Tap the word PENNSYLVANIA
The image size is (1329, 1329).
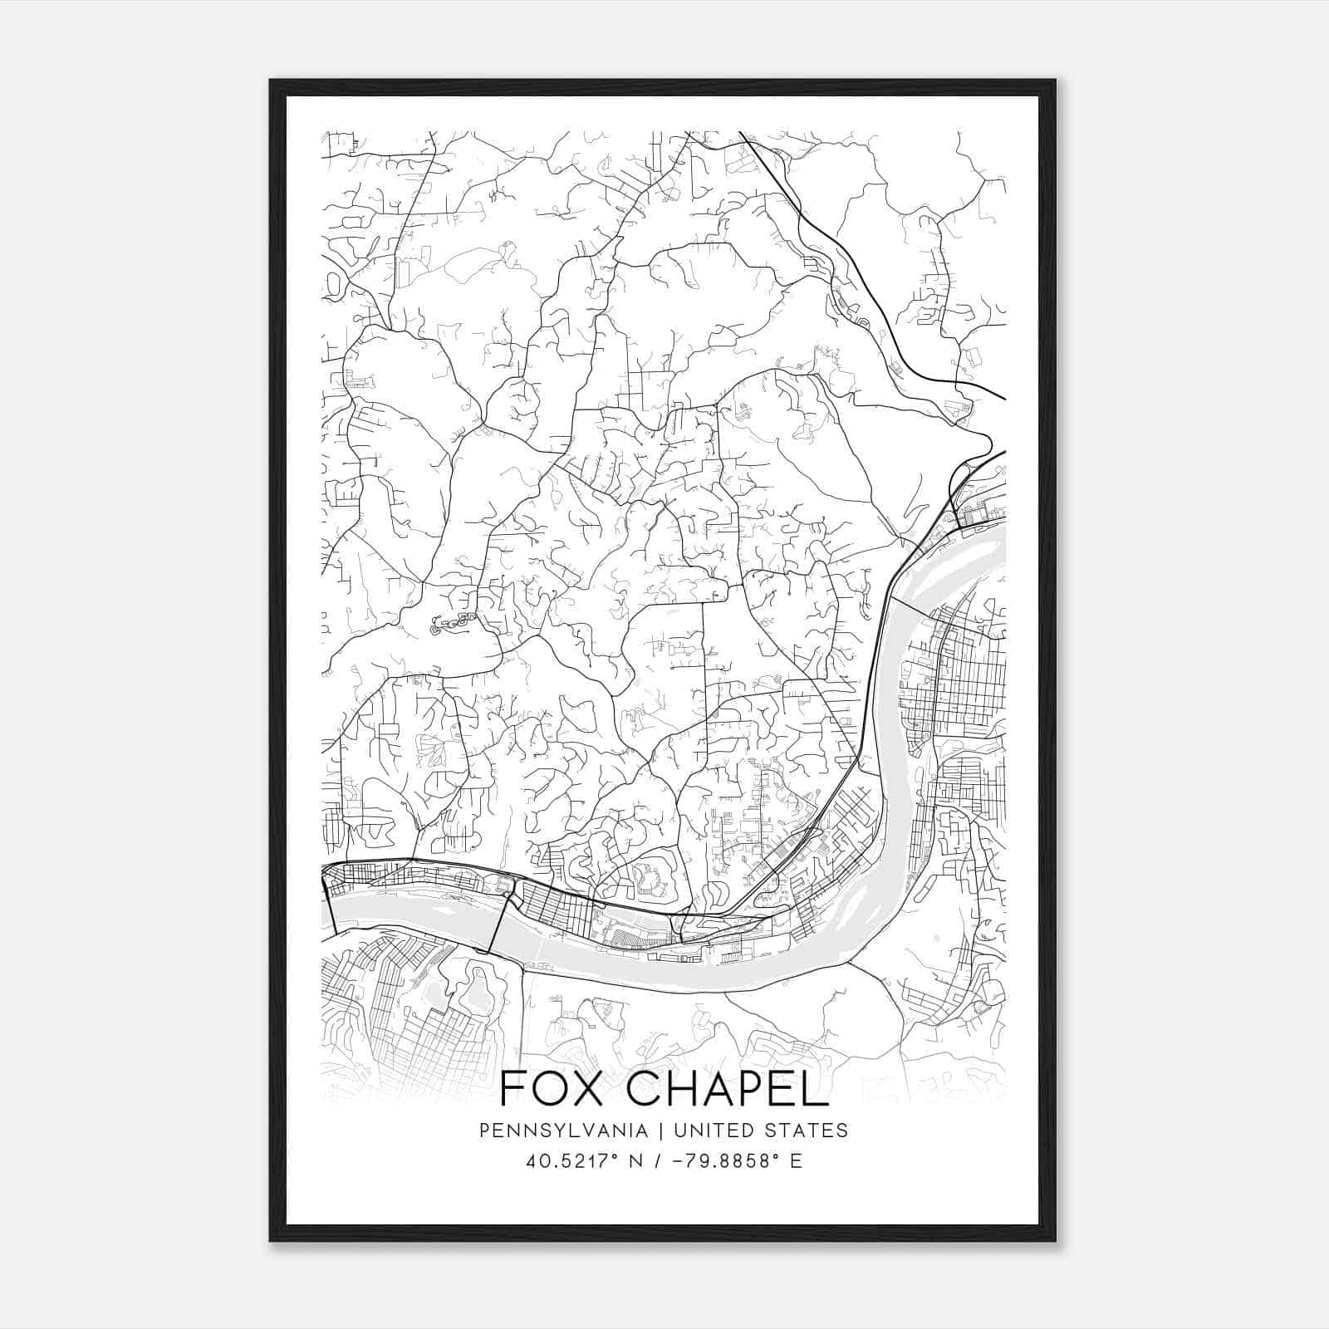click(563, 1130)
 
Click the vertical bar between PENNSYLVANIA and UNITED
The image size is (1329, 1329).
click(661, 1130)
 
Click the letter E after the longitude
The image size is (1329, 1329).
click(797, 1160)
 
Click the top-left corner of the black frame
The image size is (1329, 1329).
click(271, 81)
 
